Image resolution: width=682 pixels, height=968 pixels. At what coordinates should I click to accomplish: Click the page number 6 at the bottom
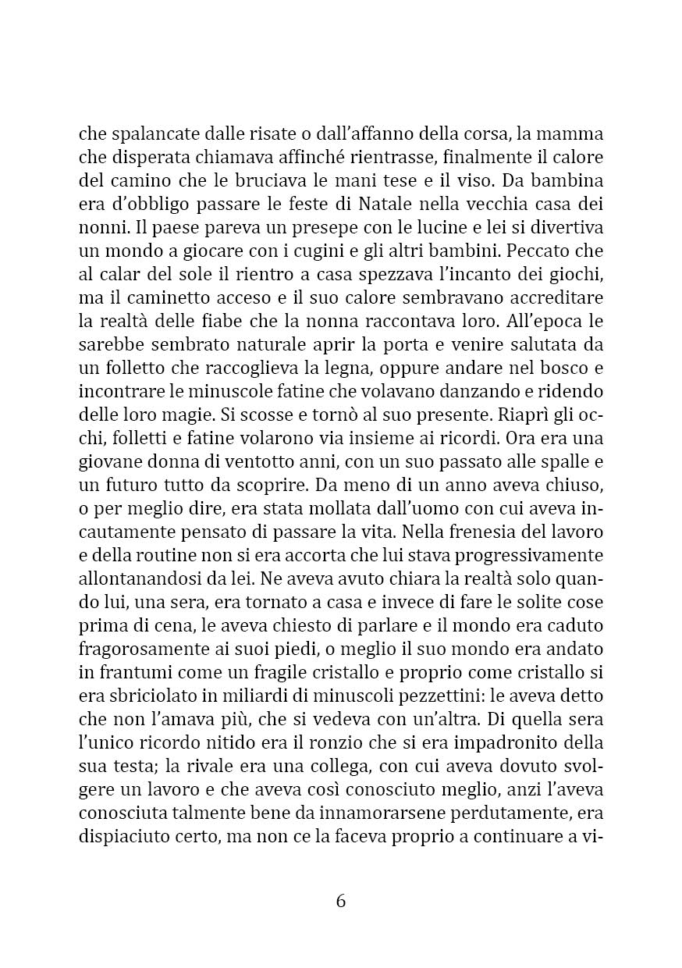(x=341, y=901)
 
